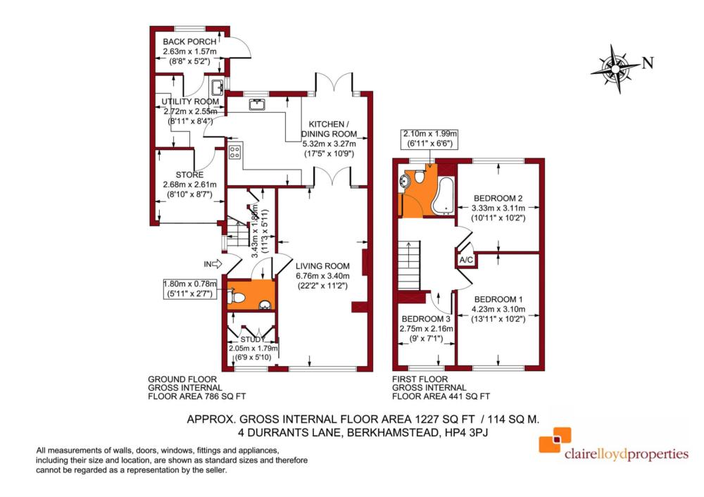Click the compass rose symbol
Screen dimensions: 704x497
615,68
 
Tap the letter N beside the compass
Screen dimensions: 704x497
648,63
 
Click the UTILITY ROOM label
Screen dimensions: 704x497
191,101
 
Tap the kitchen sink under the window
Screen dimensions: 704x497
256,105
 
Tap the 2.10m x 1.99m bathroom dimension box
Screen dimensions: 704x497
429,138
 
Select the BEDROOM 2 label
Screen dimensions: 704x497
498,198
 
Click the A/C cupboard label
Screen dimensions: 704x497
465,260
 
